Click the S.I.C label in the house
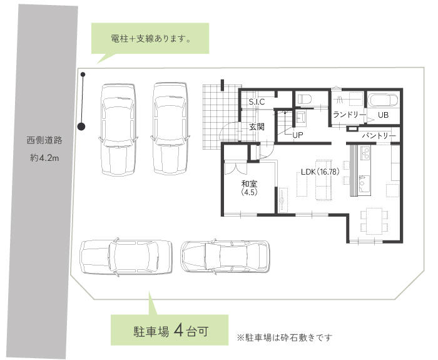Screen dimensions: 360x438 (257, 101)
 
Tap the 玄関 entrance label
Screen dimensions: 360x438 (257, 126)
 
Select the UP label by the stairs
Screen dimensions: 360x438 (298, 135)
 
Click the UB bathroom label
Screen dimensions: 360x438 (383, 115)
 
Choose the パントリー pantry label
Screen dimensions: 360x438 (379, 135)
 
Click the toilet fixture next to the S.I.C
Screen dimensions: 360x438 (305, 99)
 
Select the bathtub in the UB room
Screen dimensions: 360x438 (382, 100)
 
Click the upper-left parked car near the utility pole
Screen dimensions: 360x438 (118, 130)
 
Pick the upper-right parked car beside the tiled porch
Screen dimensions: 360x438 (170, 130)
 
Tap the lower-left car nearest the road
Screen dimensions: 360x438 (125, 257)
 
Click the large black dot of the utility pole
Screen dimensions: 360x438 (81, 126)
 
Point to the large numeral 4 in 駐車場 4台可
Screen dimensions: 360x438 (178, 330)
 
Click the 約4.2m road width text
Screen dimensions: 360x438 (44, 158)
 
